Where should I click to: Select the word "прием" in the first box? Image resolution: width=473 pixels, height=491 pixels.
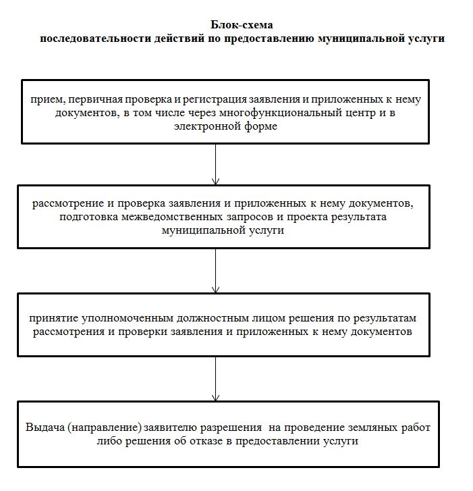[45, 99]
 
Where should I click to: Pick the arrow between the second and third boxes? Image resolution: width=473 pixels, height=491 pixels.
[215, 270]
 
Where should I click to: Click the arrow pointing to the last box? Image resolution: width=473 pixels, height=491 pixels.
[215, 378]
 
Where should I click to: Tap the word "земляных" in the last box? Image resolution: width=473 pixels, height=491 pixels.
[362, 428]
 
